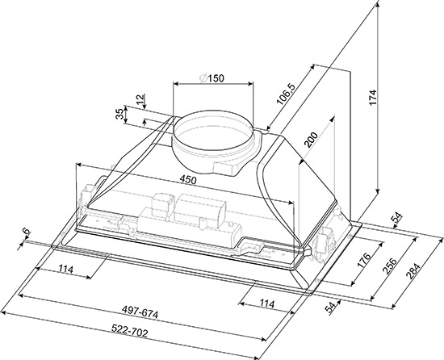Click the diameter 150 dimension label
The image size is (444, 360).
coord(212,77)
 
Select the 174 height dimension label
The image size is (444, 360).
coord(374,98)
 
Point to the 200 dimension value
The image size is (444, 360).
coord(311,139)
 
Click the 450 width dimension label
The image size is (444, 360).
coord(188,180)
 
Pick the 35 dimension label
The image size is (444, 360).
coord(119,114)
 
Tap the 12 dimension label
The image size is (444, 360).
coord(140,99)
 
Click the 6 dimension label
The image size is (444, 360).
coord(26,231)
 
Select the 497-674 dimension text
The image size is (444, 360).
coord(140,313)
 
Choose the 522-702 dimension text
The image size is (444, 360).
coord(130,330)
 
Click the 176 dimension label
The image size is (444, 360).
coord(364,260)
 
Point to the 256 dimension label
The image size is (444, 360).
coord(389,266)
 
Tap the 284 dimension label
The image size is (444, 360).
coord(412,271)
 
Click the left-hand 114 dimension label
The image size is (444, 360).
coord(66,269)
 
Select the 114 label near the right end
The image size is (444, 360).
coord(267,303)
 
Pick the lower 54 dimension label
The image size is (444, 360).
coord(331,307)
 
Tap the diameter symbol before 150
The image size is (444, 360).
coord(203,77)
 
